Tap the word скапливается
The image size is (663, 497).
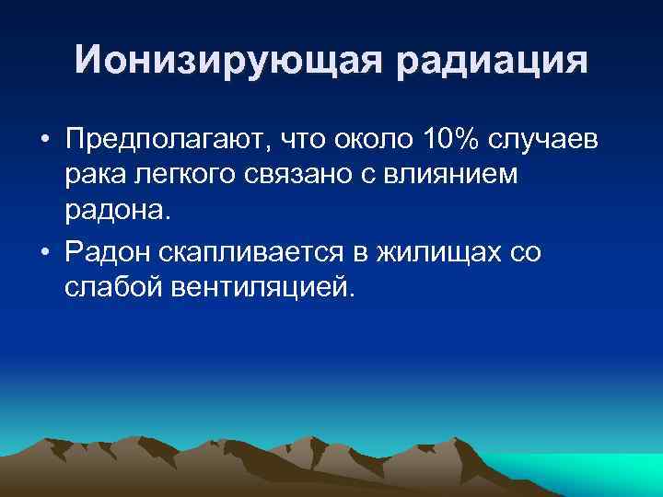[266, 253]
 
